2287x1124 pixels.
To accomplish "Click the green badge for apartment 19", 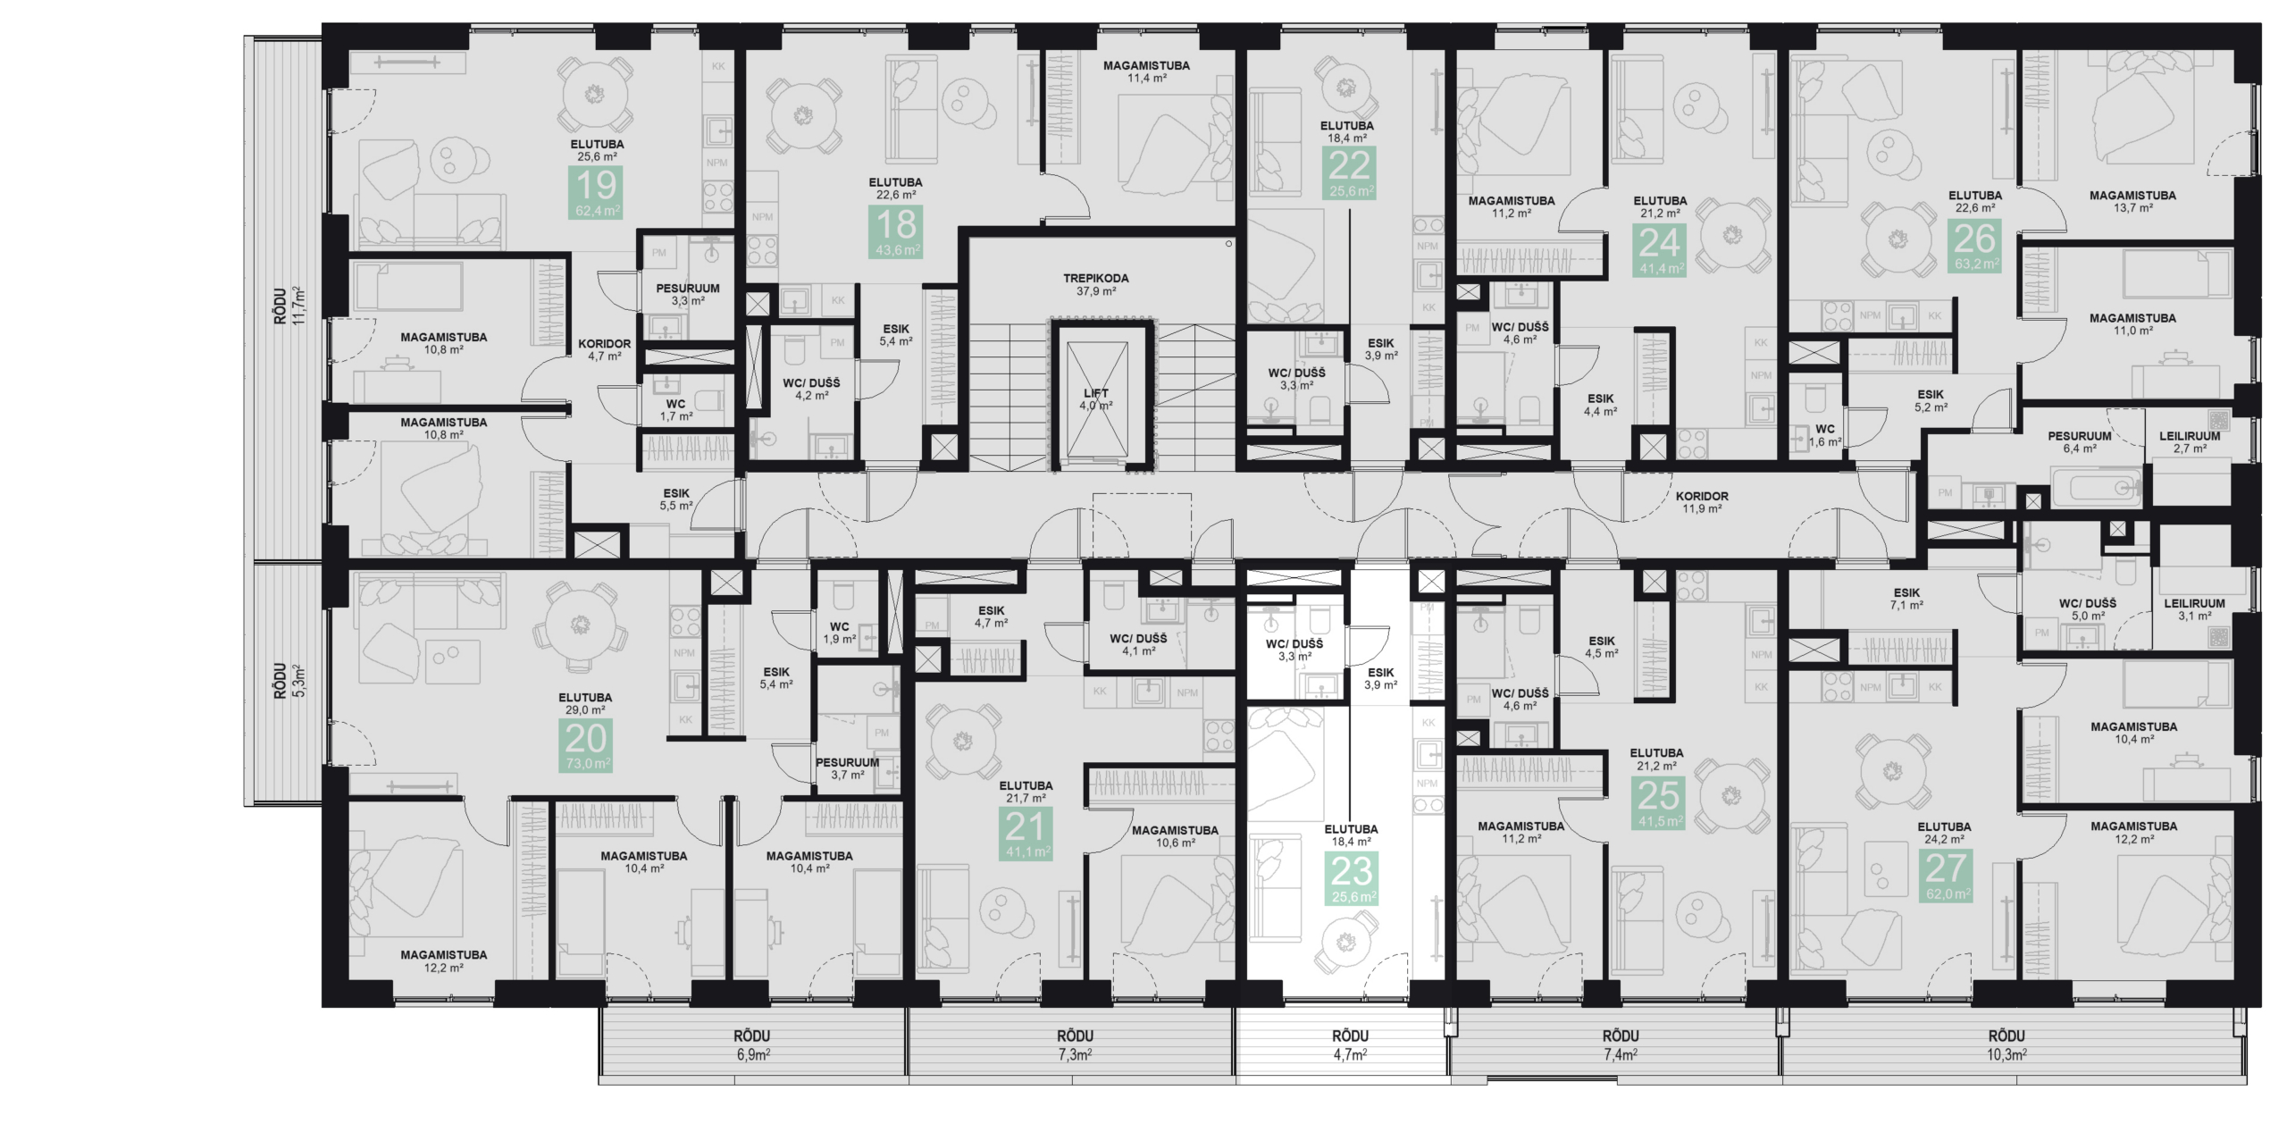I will point(596,193).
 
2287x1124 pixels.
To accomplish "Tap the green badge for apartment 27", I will point(1945,875).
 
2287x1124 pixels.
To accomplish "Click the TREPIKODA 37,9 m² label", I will point(1095,284).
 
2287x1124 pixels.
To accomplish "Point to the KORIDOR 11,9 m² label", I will point(1702,502).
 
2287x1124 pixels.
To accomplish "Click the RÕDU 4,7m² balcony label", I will point(1350,1044).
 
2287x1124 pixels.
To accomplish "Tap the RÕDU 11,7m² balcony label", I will point(289,306).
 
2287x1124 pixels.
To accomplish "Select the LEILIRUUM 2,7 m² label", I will point(2190,442).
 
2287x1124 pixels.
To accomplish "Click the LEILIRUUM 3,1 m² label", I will point(2194,609).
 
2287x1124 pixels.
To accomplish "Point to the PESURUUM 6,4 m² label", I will point(2080,442).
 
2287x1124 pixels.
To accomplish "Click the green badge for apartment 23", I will point(1352,879).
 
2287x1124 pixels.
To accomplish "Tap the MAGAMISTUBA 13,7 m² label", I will point(2132,201).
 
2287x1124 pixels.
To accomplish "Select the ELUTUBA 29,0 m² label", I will point(585,704).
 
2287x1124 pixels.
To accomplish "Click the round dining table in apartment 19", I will point(594,95).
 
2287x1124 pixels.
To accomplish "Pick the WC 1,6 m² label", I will point(1825,435).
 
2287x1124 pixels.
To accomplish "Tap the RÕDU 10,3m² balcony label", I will point(2006,1044).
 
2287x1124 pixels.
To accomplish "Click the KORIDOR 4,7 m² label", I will point(604,349).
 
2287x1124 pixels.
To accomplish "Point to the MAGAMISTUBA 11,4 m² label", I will point(1146,71).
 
